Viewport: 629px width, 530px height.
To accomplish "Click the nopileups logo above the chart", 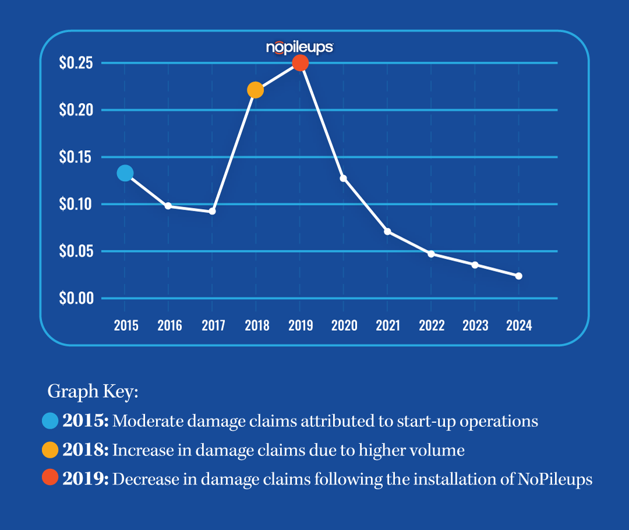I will click(299, 47).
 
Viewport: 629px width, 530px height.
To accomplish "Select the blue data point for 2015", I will click(125, 173).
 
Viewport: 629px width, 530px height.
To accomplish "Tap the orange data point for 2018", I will click(256, 90).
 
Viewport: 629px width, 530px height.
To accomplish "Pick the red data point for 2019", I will click(300, 63).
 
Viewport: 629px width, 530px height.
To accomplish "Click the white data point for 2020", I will click(344, 178).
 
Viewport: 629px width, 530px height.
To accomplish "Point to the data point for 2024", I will click(518, 276).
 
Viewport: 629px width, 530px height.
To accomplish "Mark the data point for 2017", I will click(213, 211).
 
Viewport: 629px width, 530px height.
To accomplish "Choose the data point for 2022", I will click(431, 254).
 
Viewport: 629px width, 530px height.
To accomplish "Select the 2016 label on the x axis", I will click(169, 326).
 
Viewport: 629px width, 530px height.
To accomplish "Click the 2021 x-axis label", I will click(388, 326).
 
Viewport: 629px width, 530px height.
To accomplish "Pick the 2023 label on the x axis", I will click(475, 326).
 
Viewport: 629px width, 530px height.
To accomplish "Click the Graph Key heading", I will click(93, 391).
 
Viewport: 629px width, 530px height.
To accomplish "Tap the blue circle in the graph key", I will click(51, 421).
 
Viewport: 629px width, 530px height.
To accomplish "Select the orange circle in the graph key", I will click(51, 450).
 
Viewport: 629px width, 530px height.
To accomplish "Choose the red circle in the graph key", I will click(51, 479).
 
